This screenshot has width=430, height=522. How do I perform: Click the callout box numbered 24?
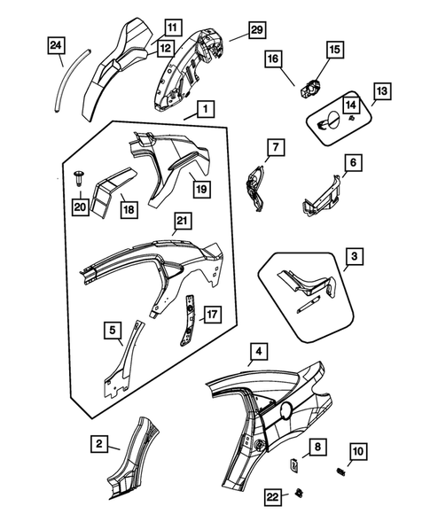pyautogui.click(x=55, y=44)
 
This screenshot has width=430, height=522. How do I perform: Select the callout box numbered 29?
pyautogui.click(x=255, y=31)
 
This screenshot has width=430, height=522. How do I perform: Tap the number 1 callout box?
pyautogui.click(x=204, y=110)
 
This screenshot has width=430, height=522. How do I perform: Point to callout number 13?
pyautogui.click(x=381, y=90)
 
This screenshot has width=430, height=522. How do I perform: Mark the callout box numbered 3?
pyautogui.click(x=353, y=258)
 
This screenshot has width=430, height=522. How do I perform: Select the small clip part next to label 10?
pyautogui.click(x=340, y=471)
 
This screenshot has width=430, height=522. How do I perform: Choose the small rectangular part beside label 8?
pyautogui.click(x=295, y=463)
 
